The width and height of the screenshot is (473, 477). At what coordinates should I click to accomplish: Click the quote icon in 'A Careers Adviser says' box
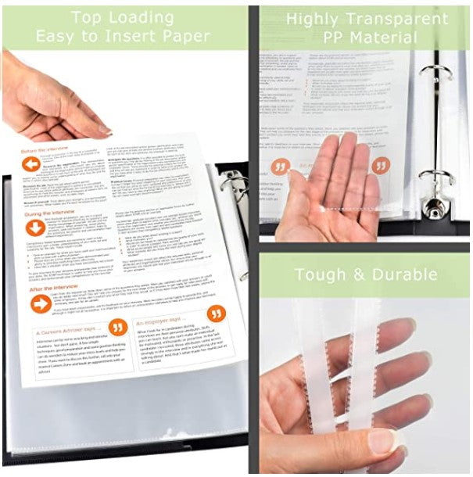click(118, 327)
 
